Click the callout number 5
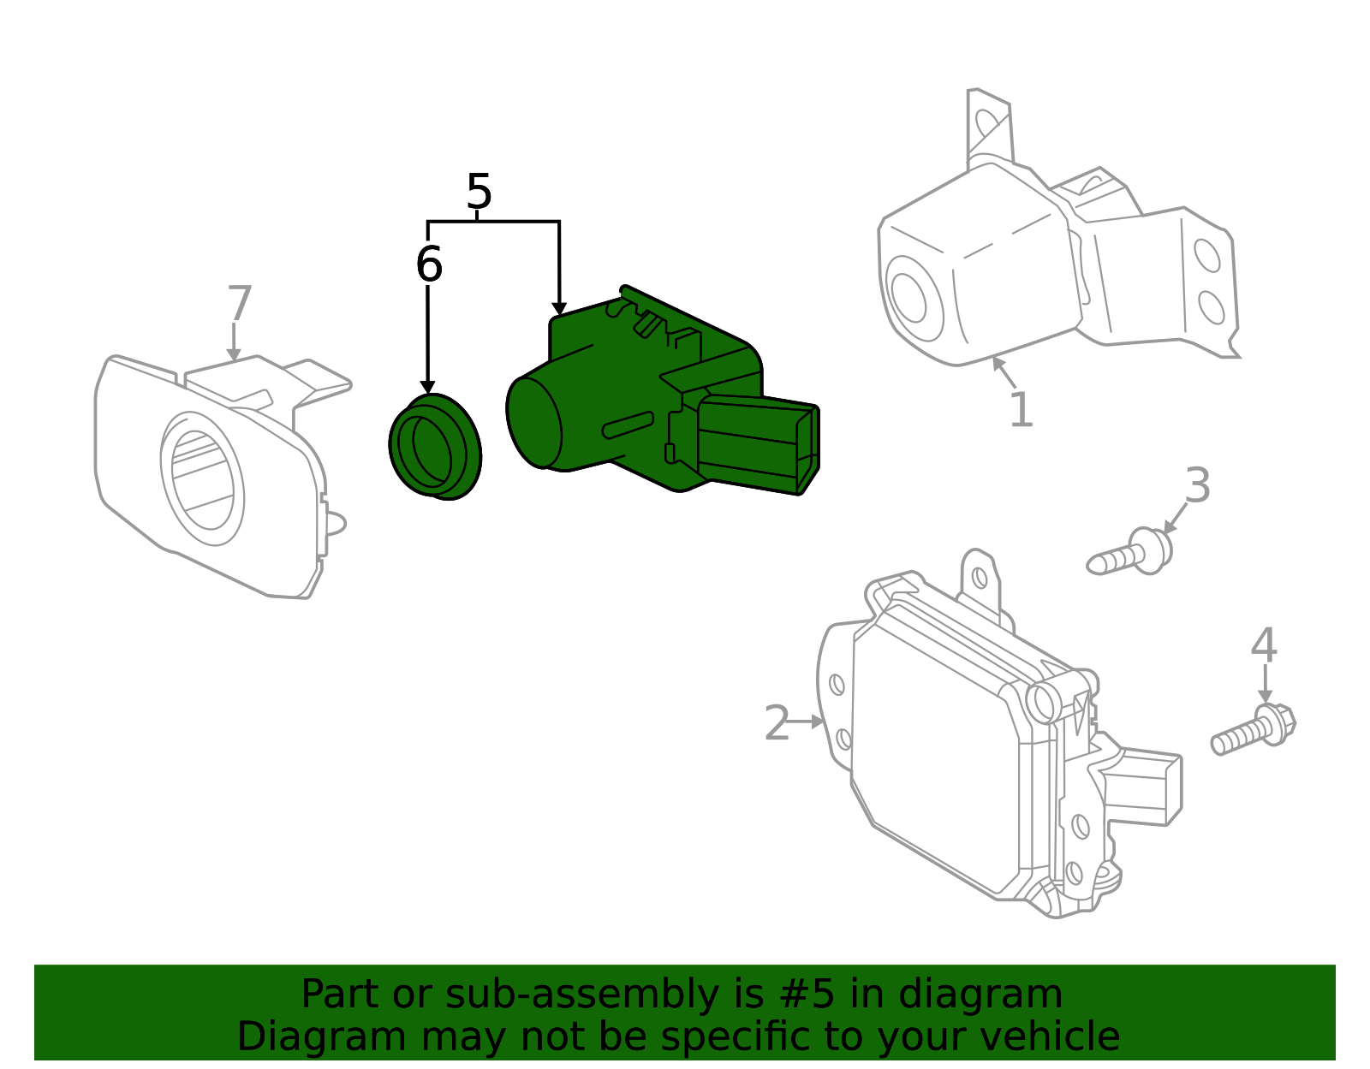479,192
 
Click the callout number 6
428,264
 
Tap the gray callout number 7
240,304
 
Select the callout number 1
1021,410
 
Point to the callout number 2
777,724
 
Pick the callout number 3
1197,485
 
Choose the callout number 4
1264,645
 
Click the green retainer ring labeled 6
435,447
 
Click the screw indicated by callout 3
1129,555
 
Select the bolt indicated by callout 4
1251,730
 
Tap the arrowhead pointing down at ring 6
427,388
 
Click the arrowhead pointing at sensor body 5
559,308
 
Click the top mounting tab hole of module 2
980,578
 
